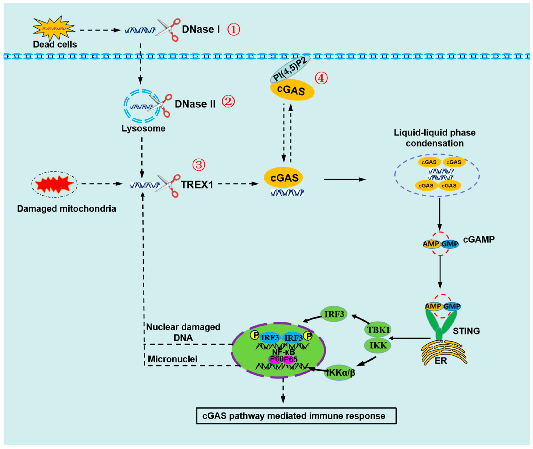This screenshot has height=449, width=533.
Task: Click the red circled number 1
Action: tap(233, 30)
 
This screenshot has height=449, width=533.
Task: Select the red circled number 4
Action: tap(321, 78)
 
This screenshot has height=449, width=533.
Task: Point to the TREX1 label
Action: tap(197, 185)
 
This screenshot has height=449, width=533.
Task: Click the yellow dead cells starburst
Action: tap(54, 28)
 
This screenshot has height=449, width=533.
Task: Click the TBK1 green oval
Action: tap(378, 330)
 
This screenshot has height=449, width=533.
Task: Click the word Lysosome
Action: tap(143, 128)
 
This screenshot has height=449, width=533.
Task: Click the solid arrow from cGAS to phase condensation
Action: tap(345, 180)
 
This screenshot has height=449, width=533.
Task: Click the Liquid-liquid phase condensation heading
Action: tap(435, 138)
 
